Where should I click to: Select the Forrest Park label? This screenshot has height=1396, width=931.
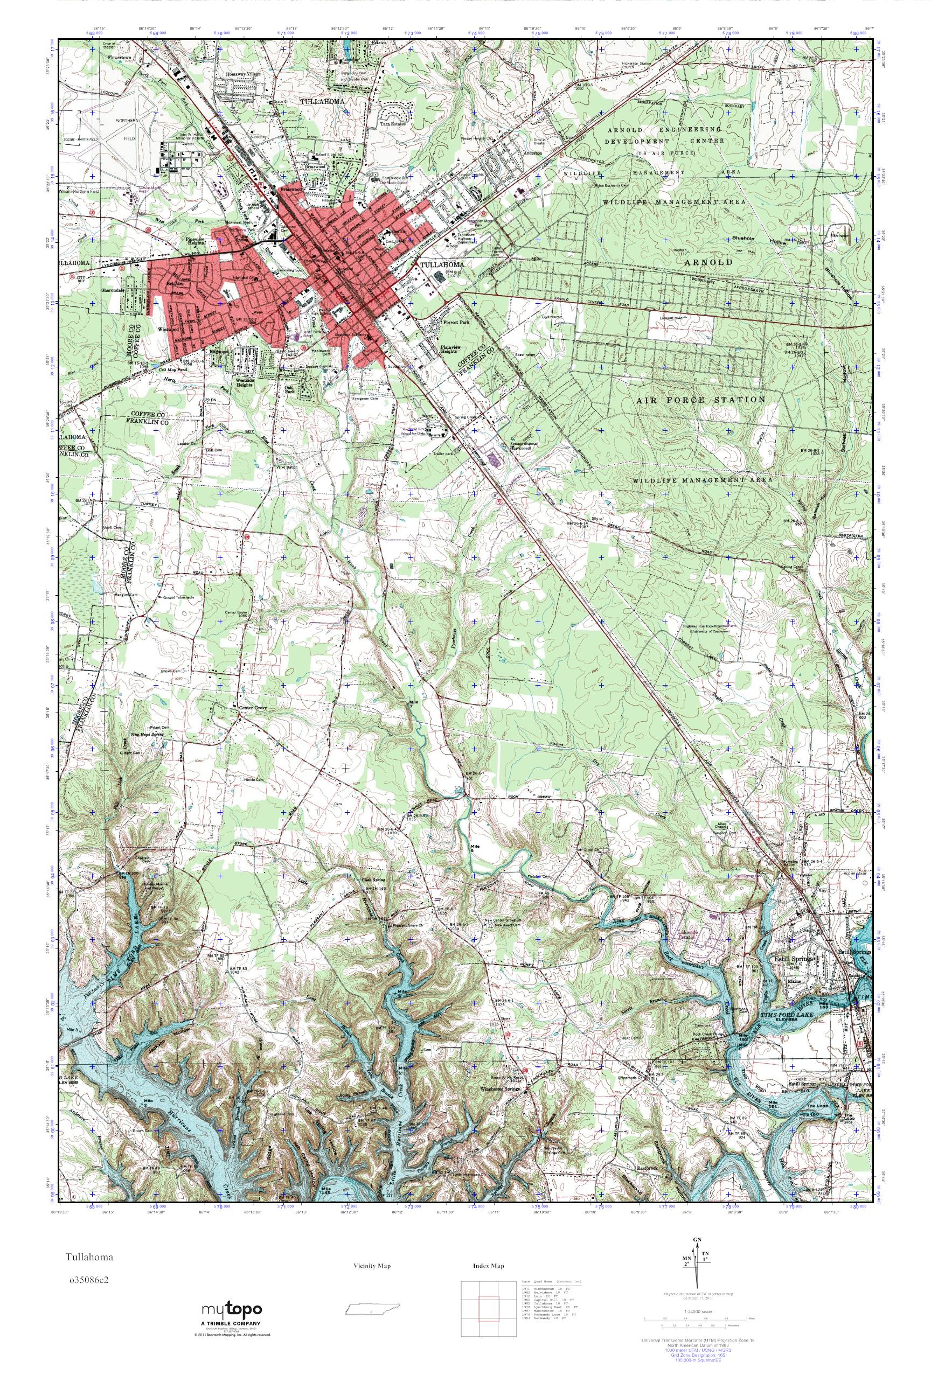(x=456, y=324)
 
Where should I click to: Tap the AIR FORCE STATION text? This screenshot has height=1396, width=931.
(x=700, y=400)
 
